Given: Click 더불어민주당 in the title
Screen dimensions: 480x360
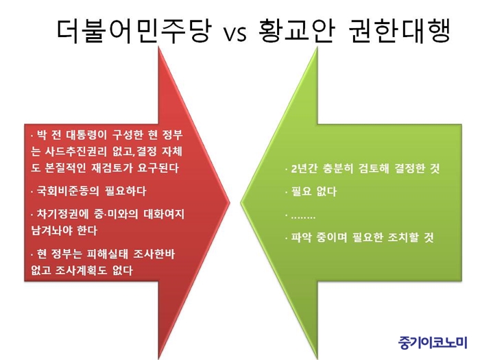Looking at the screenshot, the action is click(x=134, y=30).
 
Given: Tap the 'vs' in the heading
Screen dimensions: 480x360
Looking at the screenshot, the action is click(x=235, y=34).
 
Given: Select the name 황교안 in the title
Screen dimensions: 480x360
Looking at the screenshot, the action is click(x=296, y=30).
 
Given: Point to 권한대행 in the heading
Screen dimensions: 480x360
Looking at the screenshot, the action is click(x=400, y=30).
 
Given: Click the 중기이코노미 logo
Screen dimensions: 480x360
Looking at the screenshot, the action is click(x=433, y=343).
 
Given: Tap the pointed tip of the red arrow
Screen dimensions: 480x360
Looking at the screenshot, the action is click(x=229, y=202).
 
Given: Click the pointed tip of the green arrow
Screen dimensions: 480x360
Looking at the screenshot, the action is click(x=241, y=202).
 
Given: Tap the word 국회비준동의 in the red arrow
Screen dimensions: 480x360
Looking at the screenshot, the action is click(x=68, y=191).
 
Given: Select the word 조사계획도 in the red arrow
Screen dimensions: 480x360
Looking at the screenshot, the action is click(x=81, y=270).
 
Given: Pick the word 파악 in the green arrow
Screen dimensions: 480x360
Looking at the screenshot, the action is click(x=300, y=237).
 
